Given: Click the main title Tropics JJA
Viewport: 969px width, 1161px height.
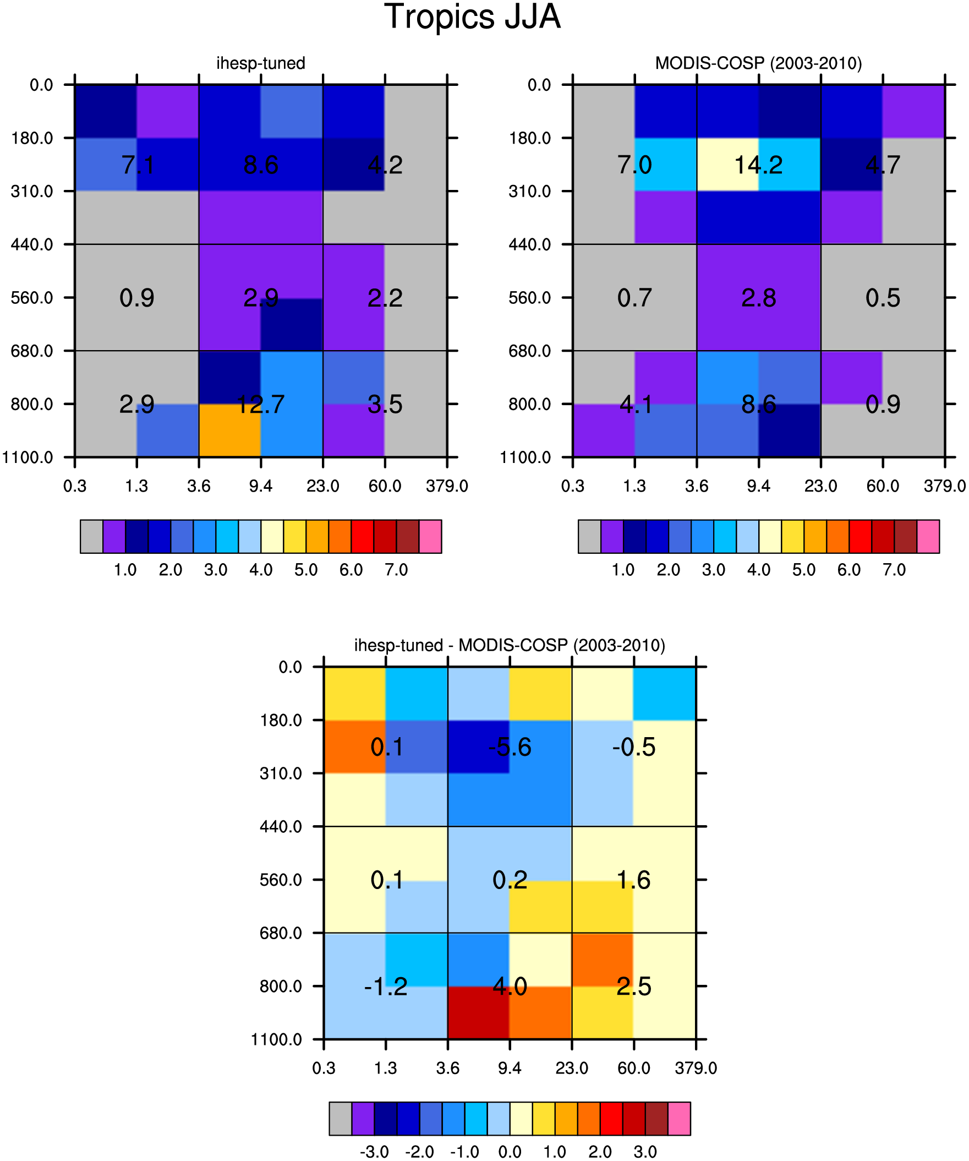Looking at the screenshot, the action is pyautogui.click(x=472, y=17).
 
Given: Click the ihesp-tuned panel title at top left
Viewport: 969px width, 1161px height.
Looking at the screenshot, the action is pyautogui.click(x=260, y=63).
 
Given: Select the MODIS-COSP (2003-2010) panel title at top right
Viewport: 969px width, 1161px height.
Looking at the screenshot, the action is pyautogui.click(x=758, y=63).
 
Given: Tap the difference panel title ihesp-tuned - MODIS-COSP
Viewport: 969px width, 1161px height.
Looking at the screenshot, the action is pyautogui.click(x=509, y=645).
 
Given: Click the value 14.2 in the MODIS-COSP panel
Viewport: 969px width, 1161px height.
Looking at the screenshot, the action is pyautogui.click(x=758, y=165).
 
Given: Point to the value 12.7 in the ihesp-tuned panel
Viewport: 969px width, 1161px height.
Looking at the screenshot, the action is pyautogui.click(x=260, y=404).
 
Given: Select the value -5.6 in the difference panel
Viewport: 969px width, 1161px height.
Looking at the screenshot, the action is pyautogui.click(x=509, y=747).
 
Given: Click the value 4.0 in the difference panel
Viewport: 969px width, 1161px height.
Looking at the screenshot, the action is pyautogui.click(x=509, y=986).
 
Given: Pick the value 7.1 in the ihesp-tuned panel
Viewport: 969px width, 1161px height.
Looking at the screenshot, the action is pyautogui.click(x=137, y=165).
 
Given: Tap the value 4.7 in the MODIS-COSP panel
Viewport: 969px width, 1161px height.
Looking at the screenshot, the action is pyautogui.click(x=883, y=165).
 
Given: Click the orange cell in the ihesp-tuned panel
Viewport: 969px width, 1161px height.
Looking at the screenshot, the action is pyautogui.click(x=229, y=430).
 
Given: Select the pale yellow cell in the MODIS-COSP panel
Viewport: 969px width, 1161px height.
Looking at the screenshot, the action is pyautogui.click(x=727, y=164).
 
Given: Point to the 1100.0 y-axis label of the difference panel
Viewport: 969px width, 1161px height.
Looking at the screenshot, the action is pyautogui.click(x=276, y=1040).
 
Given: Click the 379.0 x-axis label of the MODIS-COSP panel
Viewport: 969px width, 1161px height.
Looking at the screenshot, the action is pyautogui.click(x=945, y=487).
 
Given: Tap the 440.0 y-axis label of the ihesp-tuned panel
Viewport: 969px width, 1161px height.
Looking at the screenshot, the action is pyautogui.click(x=32, y=244).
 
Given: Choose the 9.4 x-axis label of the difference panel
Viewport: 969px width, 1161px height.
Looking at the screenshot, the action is pyautogui.click(x=509, y=1069).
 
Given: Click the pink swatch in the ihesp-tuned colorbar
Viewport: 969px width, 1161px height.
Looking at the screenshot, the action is pyautogui.click(x=430, y=536).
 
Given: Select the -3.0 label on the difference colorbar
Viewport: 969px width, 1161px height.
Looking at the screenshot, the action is pyautogui.click(x=374, y=1152).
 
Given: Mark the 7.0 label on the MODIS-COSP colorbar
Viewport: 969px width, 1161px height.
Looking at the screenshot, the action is pyautogui.click(x=894, y=570).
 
